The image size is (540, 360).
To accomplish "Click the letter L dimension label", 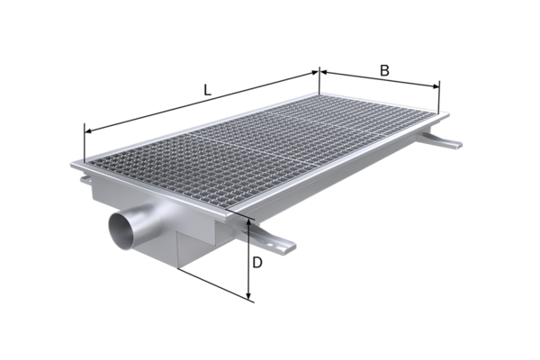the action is tap(207, 90).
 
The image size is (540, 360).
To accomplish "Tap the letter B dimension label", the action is tap(384, 70).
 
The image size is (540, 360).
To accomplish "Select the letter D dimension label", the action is tap(257, 263).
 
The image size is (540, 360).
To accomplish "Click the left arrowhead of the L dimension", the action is tap(88, 130).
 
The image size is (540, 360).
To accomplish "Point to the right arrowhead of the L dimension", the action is tap(315, 72).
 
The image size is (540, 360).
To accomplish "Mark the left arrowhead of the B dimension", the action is tap(324, 72).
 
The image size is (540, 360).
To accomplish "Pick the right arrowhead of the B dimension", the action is tap(436, 86).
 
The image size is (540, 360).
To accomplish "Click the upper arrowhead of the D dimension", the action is tap(249, 224).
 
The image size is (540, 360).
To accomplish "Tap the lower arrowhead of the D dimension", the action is tap(249, 295).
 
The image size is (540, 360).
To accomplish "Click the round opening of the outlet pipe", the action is tap(121, 230).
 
